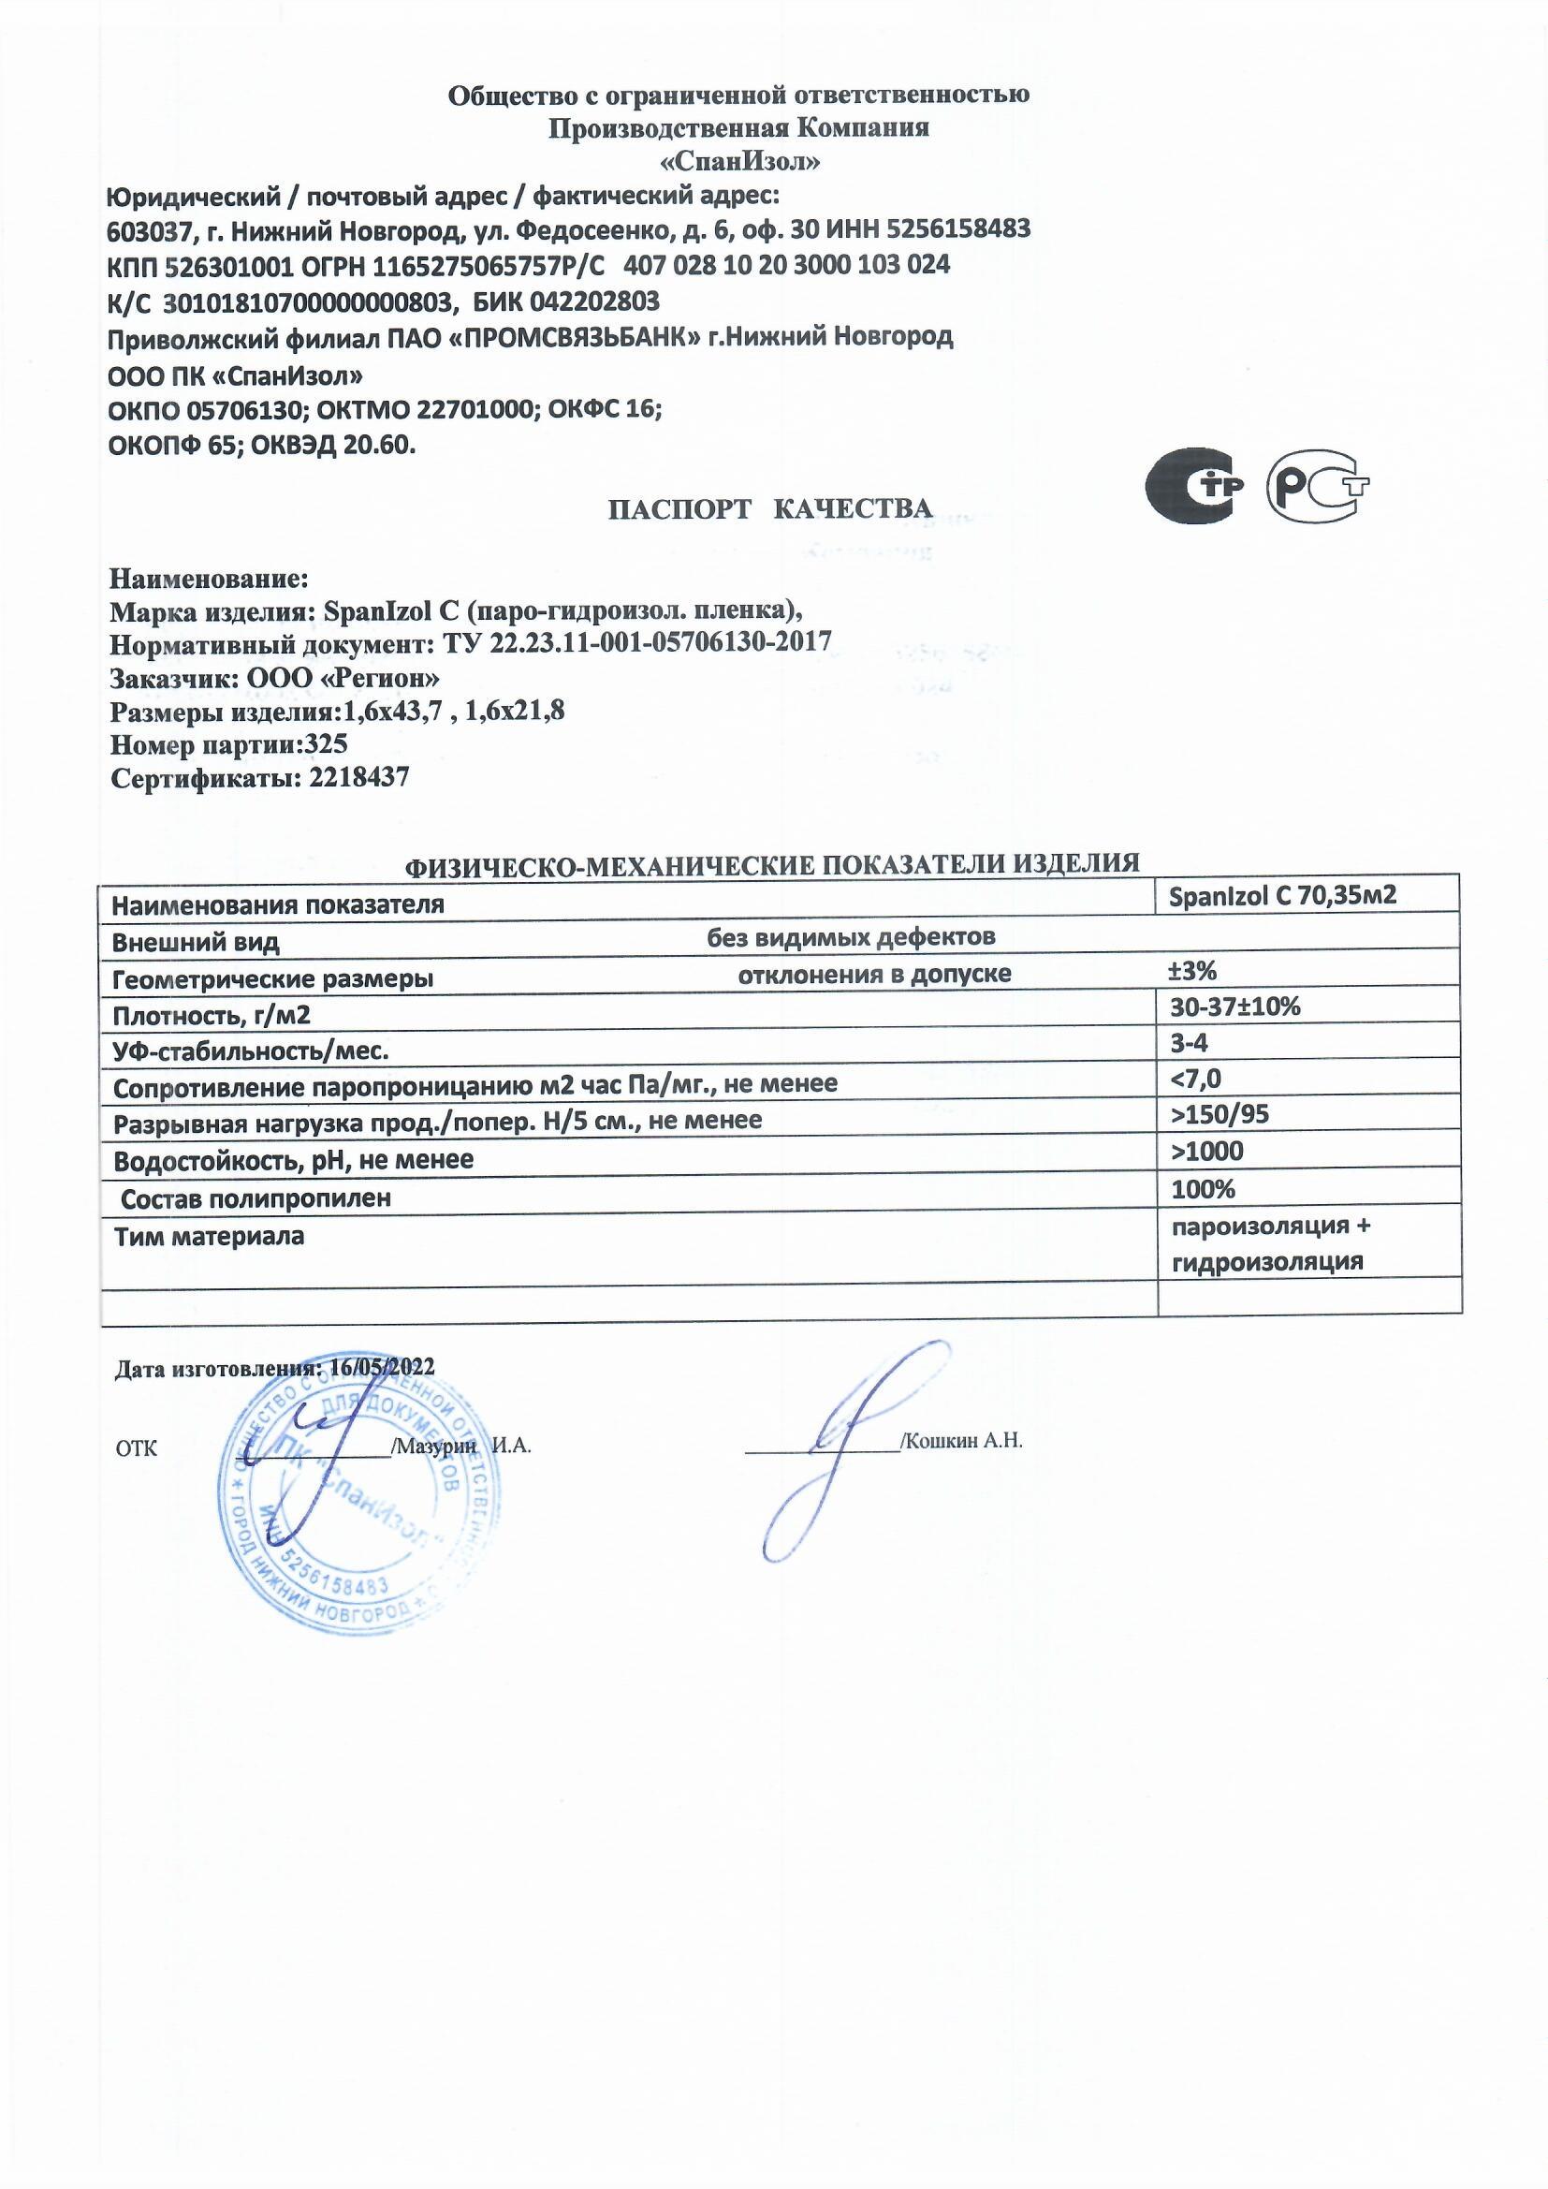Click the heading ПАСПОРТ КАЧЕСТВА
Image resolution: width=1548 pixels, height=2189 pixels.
pyautogui.click(x=769, y=509)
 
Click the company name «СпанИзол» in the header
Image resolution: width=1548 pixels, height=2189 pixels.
pyautogui.click(x=738, y=162)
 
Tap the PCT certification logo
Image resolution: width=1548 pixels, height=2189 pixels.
pyautogui.click(x=1318, y=487)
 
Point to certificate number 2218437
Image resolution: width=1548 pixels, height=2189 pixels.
pyautogui.click(x=359, y=778)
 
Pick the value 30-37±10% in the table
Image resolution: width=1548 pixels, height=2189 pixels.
pyautogui.click(x=1235, y=1006)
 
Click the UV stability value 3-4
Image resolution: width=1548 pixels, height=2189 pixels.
pyautogui.click(x=1190, y=1042)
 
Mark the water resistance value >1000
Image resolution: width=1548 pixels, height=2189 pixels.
pyautogui.click(x=1206, y=1152)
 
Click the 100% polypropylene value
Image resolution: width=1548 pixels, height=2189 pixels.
pyautogui.click(x=1203, y=1189)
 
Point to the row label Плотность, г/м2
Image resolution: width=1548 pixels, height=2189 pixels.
pyautogui.click(x=212, y=1015)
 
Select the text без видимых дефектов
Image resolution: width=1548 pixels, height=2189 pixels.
pyautogui.click(x=850, y=937)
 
